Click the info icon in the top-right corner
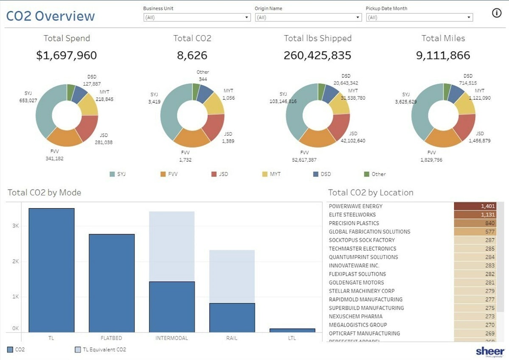click(x=496, y=13)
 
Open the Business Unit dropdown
click(x=197, y=17)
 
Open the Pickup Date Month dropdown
click(x=419, y=17)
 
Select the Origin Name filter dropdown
click(x=308, y=17)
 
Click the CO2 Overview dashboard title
click(x=50, y=16)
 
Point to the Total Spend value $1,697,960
click(x=67, y=56)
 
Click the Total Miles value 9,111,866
click(x=443, y=56)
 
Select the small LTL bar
click(x=292, y=330)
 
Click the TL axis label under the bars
click(x=51, y=338)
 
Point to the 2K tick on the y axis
click(x=15, y=261)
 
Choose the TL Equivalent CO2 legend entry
click(x=100, y=350)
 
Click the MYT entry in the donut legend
click(x=271, y=174)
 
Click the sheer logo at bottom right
click(x=490, y=352)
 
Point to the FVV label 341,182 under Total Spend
click(x=55, y=155)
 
